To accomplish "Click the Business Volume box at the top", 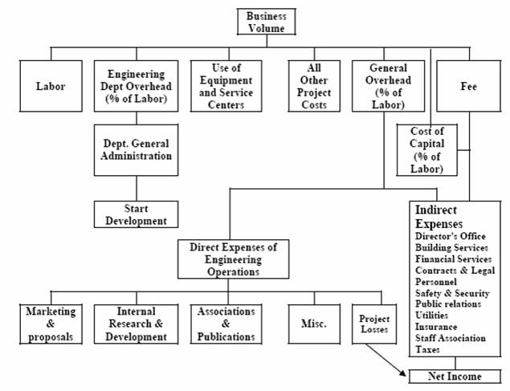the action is point(267,22).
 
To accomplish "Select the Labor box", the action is point(51,86).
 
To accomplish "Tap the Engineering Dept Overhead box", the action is point(137,86).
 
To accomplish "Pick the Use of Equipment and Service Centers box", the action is point(226,86).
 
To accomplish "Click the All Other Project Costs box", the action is point(314,86).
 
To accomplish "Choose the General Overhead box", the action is point(388,86).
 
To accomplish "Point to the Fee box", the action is point(468,86).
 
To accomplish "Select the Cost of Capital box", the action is point(426,150).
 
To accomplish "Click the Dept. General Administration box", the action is point(137,150).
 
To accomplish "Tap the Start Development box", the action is point(137,214).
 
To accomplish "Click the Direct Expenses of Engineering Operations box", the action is point(233,259).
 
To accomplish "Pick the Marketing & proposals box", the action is point(51,324).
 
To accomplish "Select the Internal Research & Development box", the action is point(137,324).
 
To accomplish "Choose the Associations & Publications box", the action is point(226,324).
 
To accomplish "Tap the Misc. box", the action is point(314,324).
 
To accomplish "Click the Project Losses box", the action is point(374,324).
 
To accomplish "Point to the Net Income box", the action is point(455,377).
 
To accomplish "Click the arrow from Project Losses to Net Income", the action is point(386,360).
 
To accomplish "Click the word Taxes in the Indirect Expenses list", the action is point(427,350).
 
